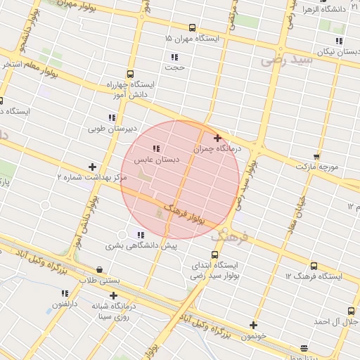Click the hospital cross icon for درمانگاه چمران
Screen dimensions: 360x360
[217, 138]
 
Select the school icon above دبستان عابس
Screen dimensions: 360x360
[156, 148]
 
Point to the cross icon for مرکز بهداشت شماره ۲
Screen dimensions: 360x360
[92, 167]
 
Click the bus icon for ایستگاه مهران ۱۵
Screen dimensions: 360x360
[193, 28]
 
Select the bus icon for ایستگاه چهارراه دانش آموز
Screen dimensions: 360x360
[130, 74]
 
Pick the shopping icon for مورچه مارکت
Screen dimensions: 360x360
[316, 157]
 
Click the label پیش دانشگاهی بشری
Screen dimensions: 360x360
[141, 246]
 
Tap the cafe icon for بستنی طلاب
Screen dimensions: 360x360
[99, 269]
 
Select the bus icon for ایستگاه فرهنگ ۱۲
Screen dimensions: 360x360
[313, 266]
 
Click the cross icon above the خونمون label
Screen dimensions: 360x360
[254, 325]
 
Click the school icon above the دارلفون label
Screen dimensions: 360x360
[65, 293]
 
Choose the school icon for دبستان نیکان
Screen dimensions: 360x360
[339, 41]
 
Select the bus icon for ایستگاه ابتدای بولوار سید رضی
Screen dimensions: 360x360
[214, 255]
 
